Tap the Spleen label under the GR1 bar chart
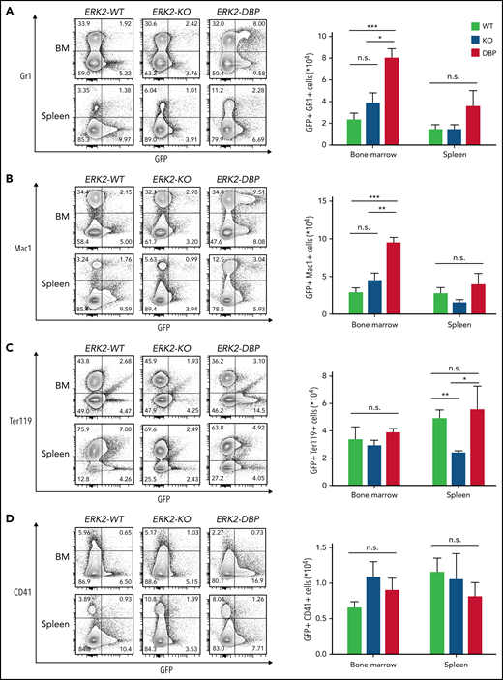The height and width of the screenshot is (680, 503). click(x=451, y=157)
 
